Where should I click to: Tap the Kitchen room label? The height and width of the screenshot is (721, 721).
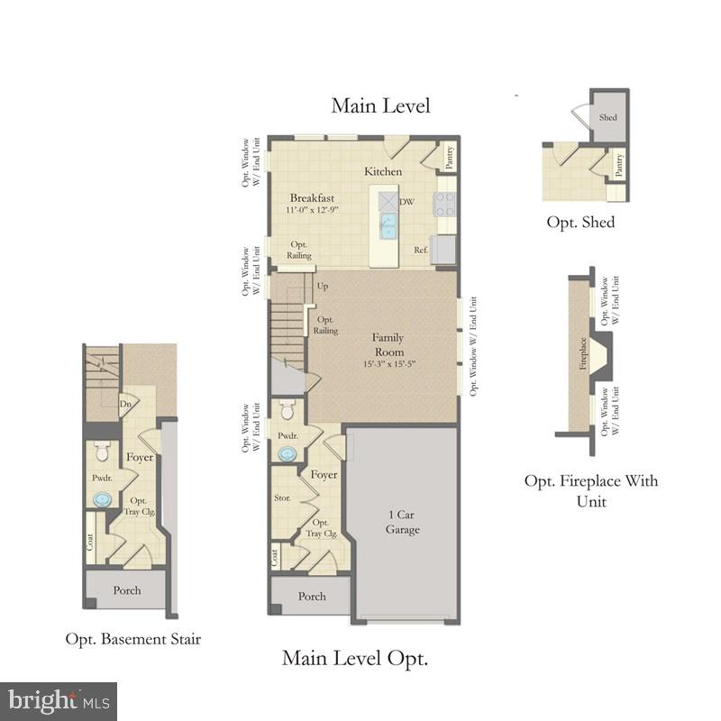pyautogui.click(x=383, y=171)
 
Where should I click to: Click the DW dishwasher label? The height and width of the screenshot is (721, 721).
pyautogui.click(x=406, y=202)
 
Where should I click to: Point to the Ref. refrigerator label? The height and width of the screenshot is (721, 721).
pyautogui.click(x=420, y=250)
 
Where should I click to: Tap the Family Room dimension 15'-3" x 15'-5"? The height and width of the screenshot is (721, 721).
pyautogui.click(x=388, y=364)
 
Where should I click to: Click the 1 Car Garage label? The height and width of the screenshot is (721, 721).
pyautogui.click(x=403, y=522)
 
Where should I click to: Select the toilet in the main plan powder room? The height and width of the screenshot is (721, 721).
pyautogui.click(x=287, y=411)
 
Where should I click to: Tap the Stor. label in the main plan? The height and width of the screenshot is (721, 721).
pyautogui.click(x=281, y=497)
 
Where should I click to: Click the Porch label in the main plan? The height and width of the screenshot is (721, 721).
pyautogui.click(x=312, y=597)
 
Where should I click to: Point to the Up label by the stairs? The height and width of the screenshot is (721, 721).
pyautogui.click(x=322, y=287)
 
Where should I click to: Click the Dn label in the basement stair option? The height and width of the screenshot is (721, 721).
pyautogui.click(x=129, y=404)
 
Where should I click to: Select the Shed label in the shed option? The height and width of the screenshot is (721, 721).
pyautogui.click(x=608, y=118)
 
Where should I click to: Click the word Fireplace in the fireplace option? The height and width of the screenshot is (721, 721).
pyautogui.click(x=582, y=354)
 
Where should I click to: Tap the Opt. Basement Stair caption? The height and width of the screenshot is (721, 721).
pyautogui.click(x=132, y=639)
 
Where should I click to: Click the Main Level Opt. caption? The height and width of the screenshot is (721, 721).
pyautogui.click(x=355, y=658)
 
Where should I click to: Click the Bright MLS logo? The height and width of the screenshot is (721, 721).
pyautogui.click(x=59, y=700)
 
